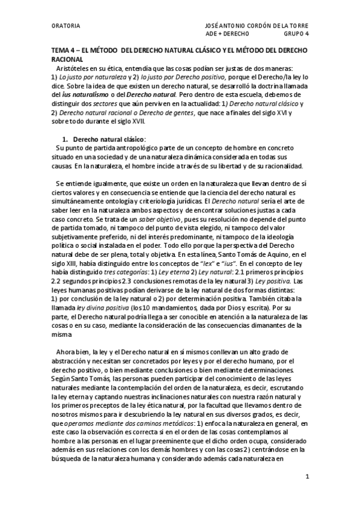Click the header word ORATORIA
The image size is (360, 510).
(64, 26)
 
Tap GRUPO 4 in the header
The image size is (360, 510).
(294, 34)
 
